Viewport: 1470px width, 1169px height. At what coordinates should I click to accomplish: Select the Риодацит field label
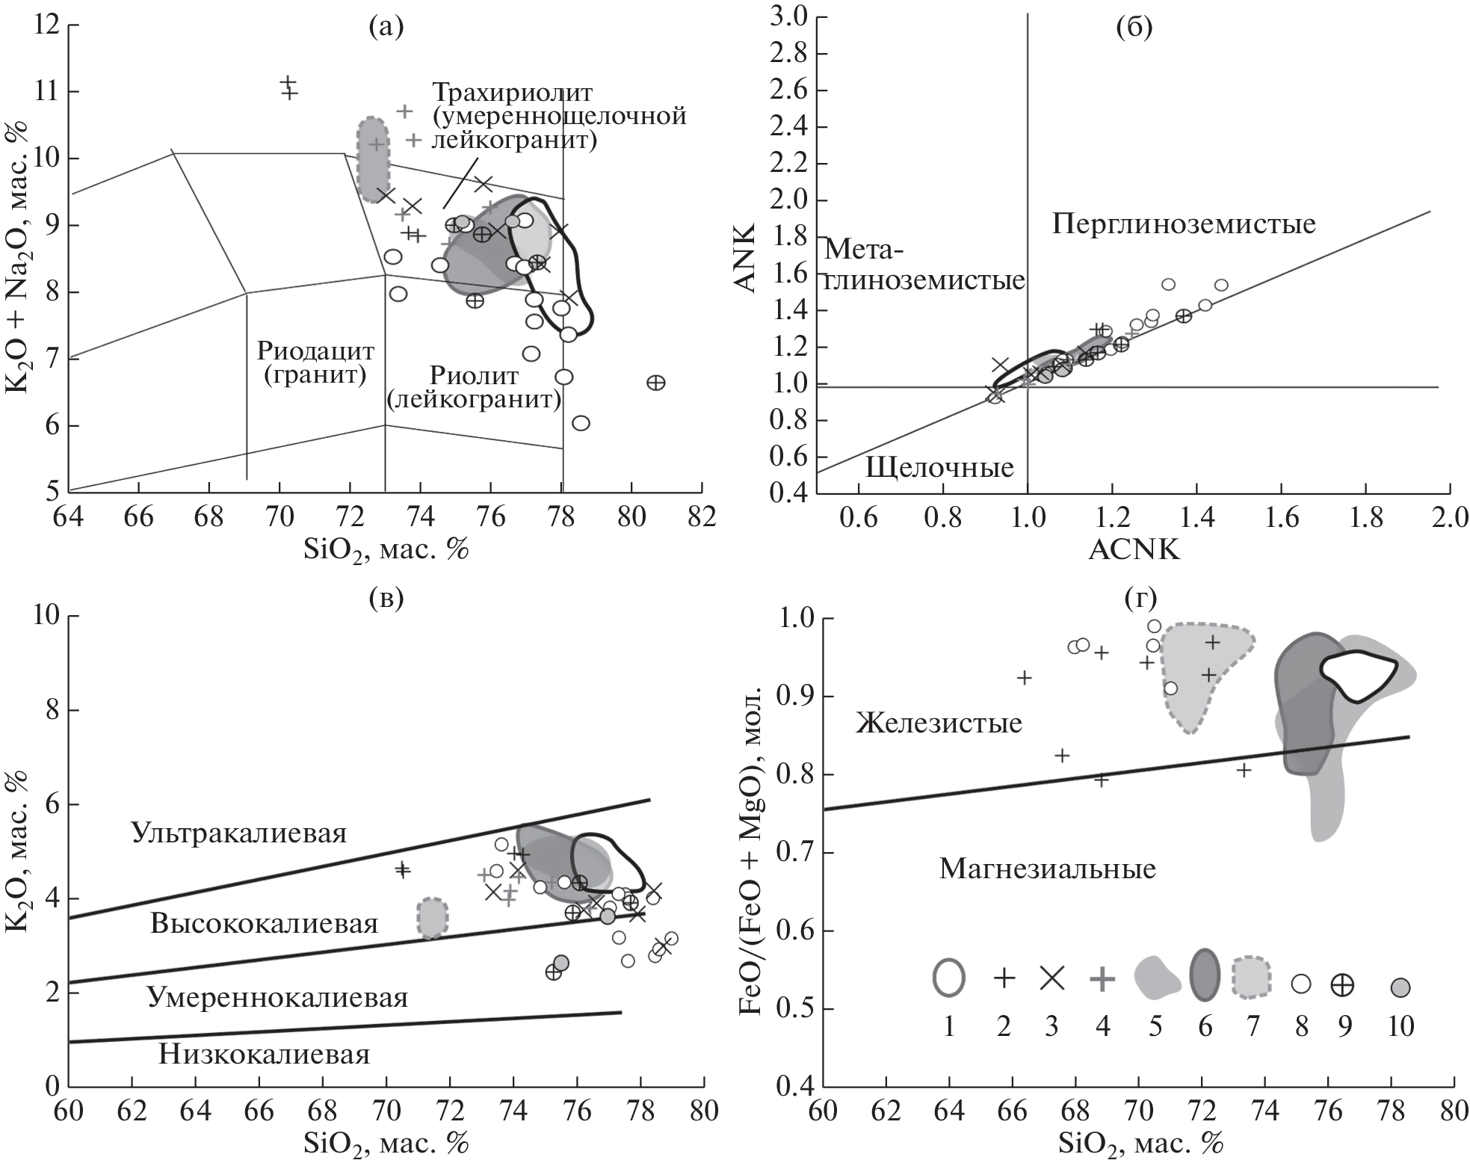point(315,351)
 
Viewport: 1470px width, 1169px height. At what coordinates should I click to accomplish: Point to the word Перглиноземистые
point(1184,224)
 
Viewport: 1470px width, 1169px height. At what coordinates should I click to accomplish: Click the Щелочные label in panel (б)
point(939,467)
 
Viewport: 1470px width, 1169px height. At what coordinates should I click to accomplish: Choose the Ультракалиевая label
point(238,833)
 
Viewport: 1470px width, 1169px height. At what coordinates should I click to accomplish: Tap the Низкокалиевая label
point(265,1054)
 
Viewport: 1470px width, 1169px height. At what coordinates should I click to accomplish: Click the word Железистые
point(939,723)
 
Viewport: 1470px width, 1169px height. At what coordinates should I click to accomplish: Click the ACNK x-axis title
point(1134,550)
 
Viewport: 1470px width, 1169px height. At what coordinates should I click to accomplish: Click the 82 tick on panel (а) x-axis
point(701,515)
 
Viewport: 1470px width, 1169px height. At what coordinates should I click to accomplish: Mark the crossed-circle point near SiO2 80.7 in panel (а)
point(655,383)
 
